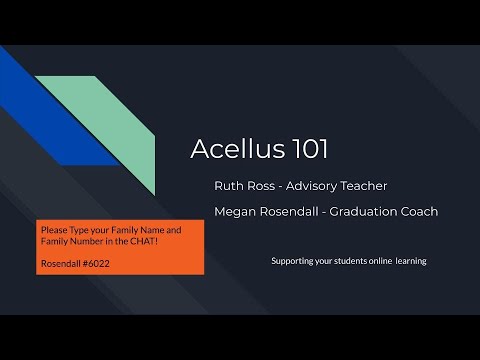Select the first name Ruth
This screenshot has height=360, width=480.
pyautogui.click(x=227, y=186)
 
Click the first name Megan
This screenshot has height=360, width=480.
pyautogui.click(x=234, y=211)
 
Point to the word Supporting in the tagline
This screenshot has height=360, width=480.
pyautogui.click(x=294, y=261)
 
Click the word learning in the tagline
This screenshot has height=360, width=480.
pyautogui.click(x=410, y=261)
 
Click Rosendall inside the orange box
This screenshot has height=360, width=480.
pyautogui.click(x=61, y=264)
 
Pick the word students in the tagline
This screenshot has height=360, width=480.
pyautogui.click(x=340, y=261)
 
